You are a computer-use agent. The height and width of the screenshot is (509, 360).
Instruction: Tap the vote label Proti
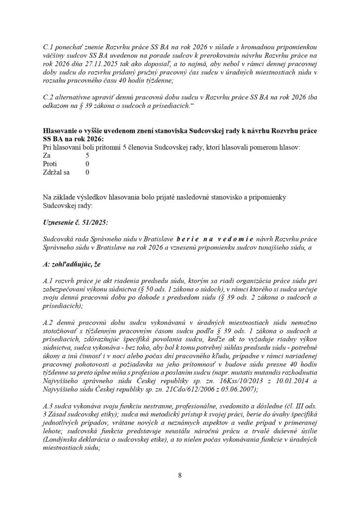click(x=50, y=163)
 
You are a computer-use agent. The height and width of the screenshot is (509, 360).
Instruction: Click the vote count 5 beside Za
click(x=88, y=155)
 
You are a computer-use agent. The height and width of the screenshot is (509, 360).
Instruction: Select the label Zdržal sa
click(x=57, y=172)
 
